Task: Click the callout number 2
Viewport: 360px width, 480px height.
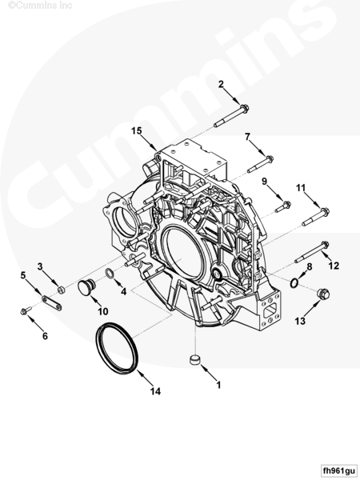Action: (x=221, y=84)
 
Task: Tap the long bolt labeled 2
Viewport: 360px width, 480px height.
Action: (x=231, y=116)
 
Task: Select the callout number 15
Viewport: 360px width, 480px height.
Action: (x=137, y=131)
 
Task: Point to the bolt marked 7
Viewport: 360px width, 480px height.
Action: (x=261, y=164)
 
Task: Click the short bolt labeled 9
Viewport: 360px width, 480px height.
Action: (x=283, y=206)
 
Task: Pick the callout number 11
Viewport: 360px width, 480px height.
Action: (x=301, y=188)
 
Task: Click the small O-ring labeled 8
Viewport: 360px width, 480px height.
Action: (x=294, y=283)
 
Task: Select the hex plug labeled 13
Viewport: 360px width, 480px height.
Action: (x=323, y=294)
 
